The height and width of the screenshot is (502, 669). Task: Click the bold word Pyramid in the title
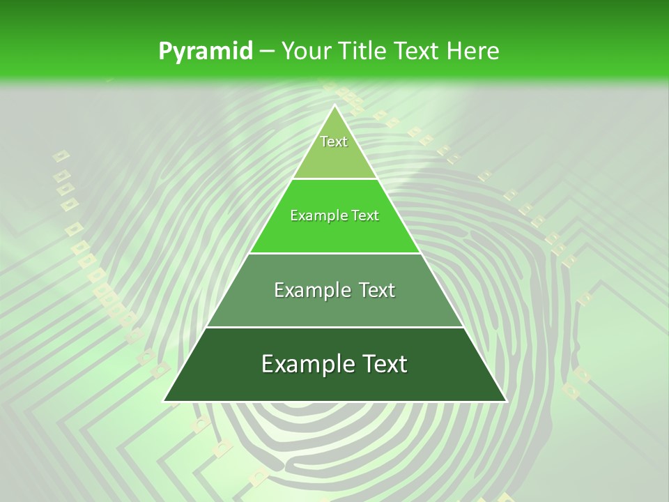click(206, 51)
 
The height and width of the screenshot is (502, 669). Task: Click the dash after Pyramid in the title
click(266, 52)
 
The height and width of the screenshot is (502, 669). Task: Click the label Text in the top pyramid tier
click(334, 142)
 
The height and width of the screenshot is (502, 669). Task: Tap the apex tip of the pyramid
click(334, 105)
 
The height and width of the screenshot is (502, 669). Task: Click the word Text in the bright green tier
click(365, 216)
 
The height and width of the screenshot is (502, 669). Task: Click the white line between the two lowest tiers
click(334, 327)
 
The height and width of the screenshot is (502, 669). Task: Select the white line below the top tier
click(334, 179)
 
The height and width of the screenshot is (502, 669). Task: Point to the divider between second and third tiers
click(334, 253)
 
